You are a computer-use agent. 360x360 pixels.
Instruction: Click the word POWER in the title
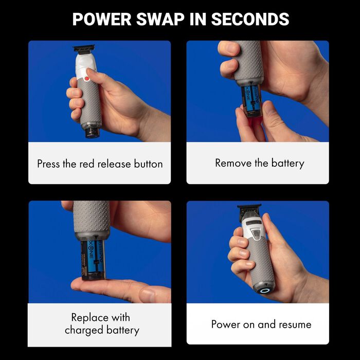[x=102, y=19]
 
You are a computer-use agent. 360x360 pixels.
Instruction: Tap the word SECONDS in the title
[x=250, y=19]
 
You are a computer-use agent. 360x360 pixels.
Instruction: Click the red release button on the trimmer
[x=87, y=79]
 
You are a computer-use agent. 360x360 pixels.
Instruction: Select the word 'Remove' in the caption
[x=233, y=163]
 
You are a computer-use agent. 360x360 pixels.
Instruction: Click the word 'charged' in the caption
[x=84, y=330]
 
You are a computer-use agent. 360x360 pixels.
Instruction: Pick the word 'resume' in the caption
[x=295, y=325]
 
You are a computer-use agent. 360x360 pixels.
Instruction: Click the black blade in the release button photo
[x=84, y=48]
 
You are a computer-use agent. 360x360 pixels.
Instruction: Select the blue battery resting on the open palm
[x=93, y=260]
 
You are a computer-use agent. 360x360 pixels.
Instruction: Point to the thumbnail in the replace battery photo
[x=147, y=295]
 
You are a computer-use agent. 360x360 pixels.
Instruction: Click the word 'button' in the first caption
[x=148, y=164]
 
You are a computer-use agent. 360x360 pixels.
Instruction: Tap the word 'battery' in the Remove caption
[x=287, y=164]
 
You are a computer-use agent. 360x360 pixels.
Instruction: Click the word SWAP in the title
[x=160, y=19]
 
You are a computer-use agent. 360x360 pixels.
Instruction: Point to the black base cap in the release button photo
[x=93, y=133]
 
